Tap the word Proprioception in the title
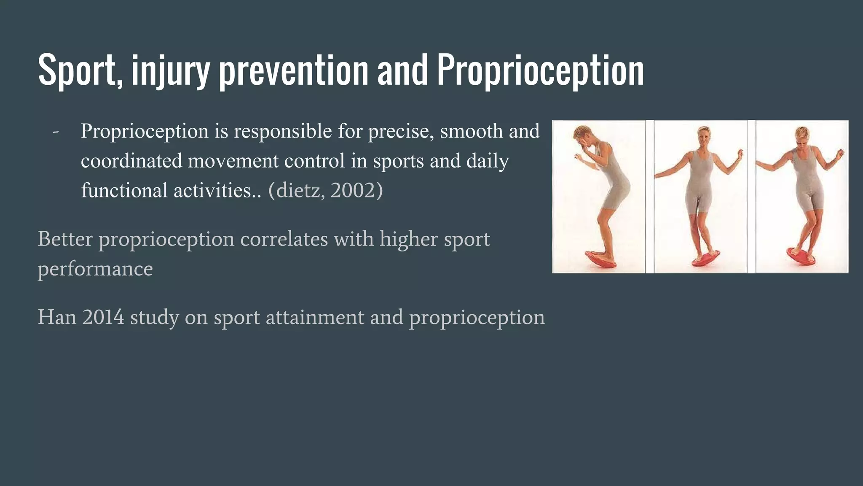[540, 70]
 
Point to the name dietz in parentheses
[299, 190]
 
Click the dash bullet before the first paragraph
[55, 131]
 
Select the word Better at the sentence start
[65, 239]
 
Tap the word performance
[95, 269]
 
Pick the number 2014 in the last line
[103, 317]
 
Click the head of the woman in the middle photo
[703, 136]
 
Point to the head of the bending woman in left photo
[584, 136]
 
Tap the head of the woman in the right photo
[801, 137]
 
